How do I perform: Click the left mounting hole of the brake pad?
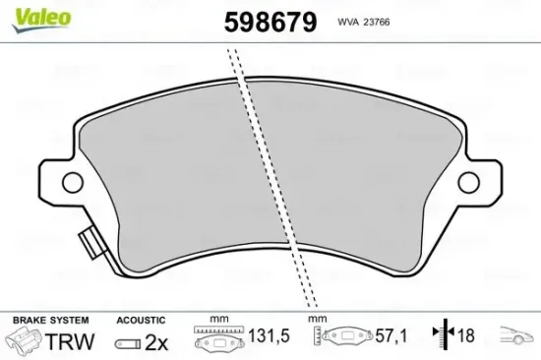pos(71,181)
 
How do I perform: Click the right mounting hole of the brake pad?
pos(469,181)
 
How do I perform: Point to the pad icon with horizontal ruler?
pos(217,338)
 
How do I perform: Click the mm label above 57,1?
pos(317,320)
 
